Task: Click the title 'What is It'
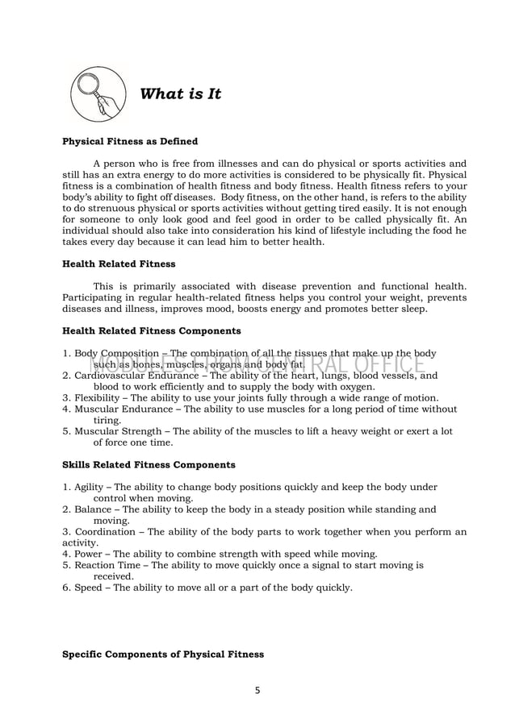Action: coord(181,94)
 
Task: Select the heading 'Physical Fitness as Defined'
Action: coord(130,141)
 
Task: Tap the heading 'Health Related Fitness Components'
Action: coord(151,330)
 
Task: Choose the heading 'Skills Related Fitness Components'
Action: coord(149,464)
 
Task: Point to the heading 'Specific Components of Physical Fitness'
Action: coord(163,654)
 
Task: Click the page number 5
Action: coord(257,689)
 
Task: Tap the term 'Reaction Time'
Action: coord(108,565)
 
